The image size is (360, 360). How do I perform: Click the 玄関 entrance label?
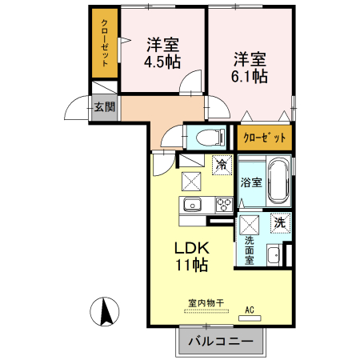tap(105, 107)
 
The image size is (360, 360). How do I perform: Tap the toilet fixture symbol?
tap(210, 138)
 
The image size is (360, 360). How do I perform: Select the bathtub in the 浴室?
tap(278, 182)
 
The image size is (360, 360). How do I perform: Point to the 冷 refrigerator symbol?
tap(222, 165)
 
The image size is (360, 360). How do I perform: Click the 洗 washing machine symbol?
tap(280, 223)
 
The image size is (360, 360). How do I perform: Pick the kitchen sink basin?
tap(192, 205)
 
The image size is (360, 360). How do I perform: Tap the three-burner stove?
tap(224, 205)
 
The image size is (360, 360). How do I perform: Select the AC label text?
tap(250, 310)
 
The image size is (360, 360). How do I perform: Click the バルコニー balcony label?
tap(221, 341)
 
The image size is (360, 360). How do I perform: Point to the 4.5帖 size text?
tap(162, 62)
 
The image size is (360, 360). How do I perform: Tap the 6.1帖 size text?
tap(250, 76)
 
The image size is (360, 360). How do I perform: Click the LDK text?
tap(192, 248)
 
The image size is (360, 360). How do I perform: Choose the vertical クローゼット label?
tap(105, 42)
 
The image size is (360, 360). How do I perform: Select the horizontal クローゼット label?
tap(265, 138)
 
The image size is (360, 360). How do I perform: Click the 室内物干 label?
tap(206, 303)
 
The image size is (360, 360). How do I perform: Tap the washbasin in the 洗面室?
tap(274, 255)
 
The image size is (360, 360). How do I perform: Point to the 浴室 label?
tap(251, 182)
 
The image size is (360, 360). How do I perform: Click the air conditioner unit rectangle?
tap(250, 318)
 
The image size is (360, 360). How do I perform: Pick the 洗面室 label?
tap(250, 250)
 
